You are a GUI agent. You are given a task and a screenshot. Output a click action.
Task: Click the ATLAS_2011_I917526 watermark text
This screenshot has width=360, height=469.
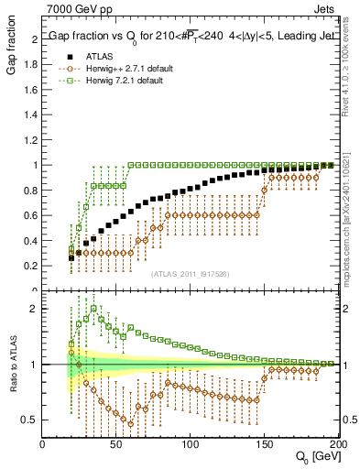point(190,274)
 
